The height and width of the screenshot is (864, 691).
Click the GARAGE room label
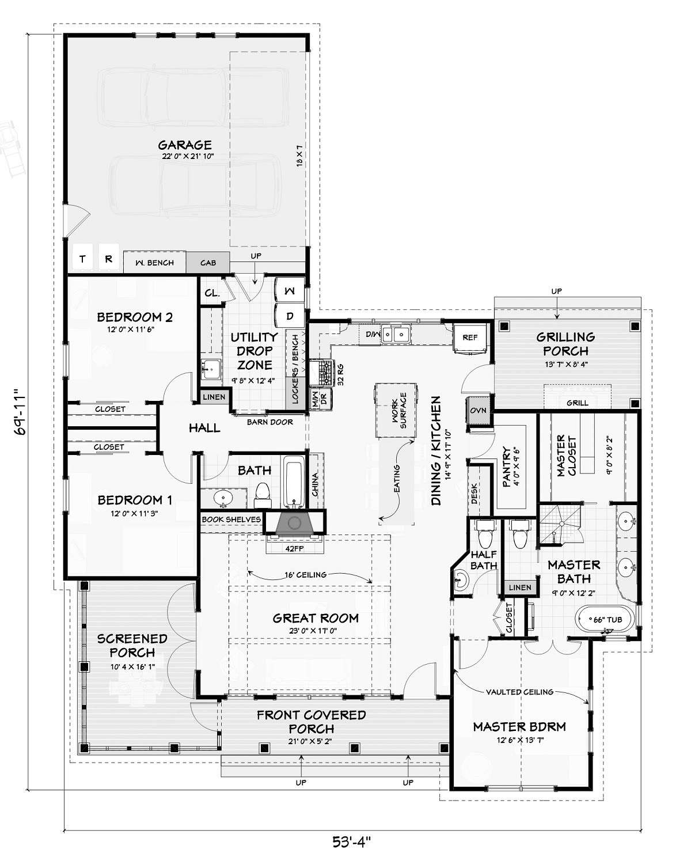tap(185, 145)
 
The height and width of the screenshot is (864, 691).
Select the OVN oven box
tap(478, 411)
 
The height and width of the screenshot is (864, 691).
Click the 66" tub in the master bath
tap(605, 620)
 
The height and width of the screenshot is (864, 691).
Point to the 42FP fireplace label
tap(294, 548)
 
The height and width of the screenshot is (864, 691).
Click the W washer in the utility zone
tap(290, 290)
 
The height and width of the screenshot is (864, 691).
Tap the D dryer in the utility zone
tap(290, 316)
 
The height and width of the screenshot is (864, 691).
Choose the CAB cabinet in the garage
tap(208, 263)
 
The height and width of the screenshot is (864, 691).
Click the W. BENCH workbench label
tap(154, 263)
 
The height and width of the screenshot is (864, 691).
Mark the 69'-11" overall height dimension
tap(21, 411)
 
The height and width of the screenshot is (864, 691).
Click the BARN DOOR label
tap(270, 422)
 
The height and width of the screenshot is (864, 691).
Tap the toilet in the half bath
tap(485, 535)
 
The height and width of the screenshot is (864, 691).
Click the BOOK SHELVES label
tap(231, 520)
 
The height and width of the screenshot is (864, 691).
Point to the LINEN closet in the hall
tap(214, 397)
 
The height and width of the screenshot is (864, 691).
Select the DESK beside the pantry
tap(474, 494)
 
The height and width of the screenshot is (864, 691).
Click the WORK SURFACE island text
tap(399, 410)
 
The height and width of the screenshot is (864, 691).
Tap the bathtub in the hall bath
tap(294, 482)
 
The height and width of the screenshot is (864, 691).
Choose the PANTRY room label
tap(507, 467)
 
